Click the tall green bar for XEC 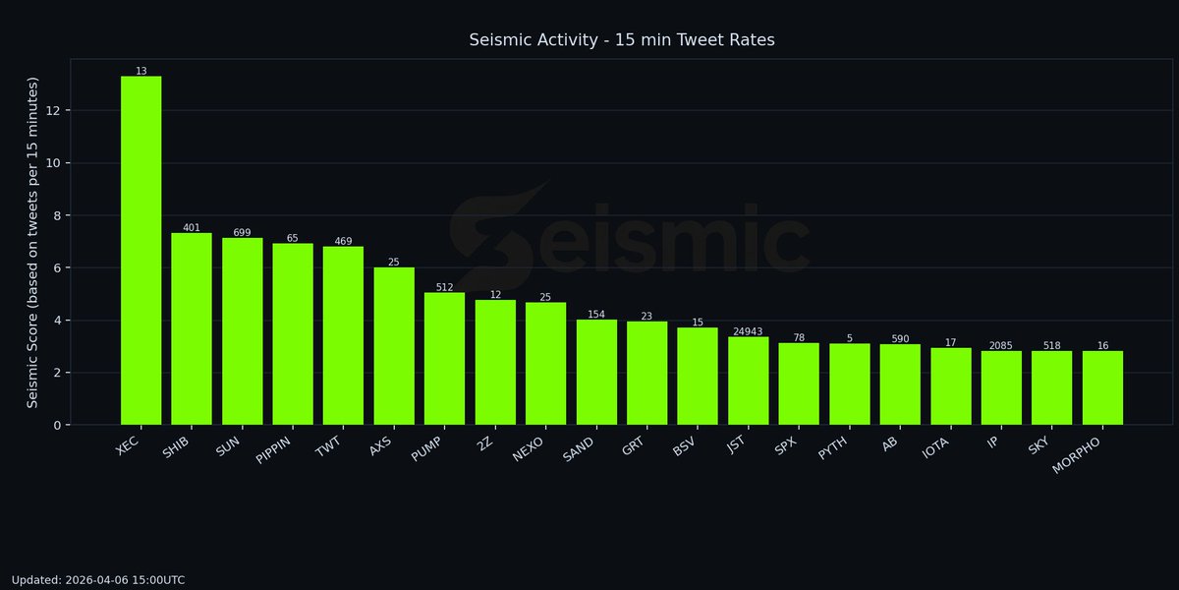click(x=141, y=251)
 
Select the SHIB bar click(x=192, y=328)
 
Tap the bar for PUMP click(x=444, y=359)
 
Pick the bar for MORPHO click(x=1102, y=387)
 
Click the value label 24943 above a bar click(x=748, y=331)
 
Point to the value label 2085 click(x=1001, y=345)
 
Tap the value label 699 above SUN click(x=242, y=232)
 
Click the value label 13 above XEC click(x=141, y=71)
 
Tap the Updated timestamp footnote click(x=98, y=580)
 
